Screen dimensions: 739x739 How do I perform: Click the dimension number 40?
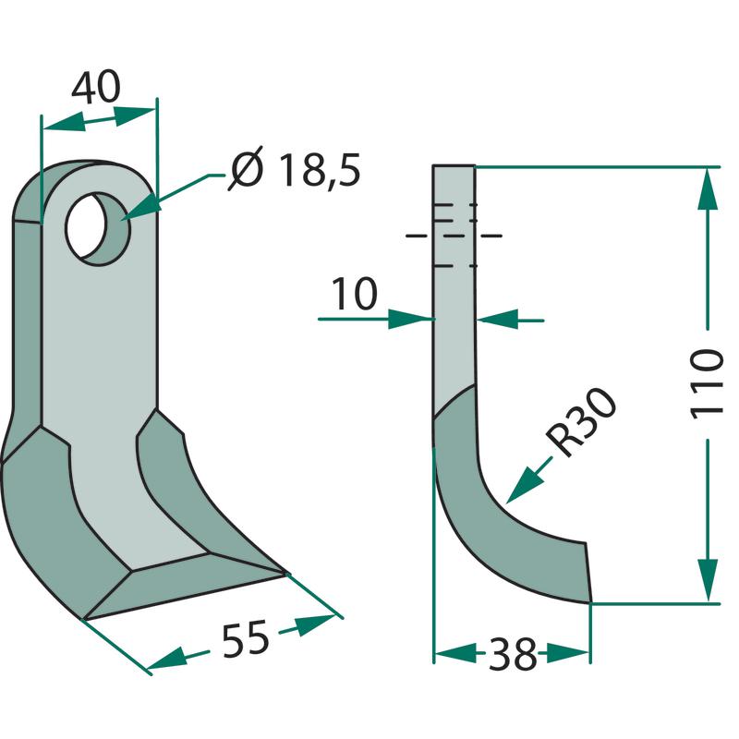tap(96, 87)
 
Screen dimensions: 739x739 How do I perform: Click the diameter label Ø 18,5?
tap(295, 170)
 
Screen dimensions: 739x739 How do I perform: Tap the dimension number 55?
tap(245, 638)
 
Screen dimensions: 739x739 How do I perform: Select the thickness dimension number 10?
tap(355, 293)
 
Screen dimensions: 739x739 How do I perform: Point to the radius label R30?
tap(581, 422)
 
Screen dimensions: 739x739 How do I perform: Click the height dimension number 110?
tap(706, 384)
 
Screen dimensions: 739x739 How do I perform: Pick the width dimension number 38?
tap(513, 654)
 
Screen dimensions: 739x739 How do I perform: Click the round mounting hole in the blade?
tap(98, 228)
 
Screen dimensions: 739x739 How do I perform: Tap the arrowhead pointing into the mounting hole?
tap(140, 209)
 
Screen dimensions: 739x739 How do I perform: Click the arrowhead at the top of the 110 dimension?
tap(707, 188)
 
